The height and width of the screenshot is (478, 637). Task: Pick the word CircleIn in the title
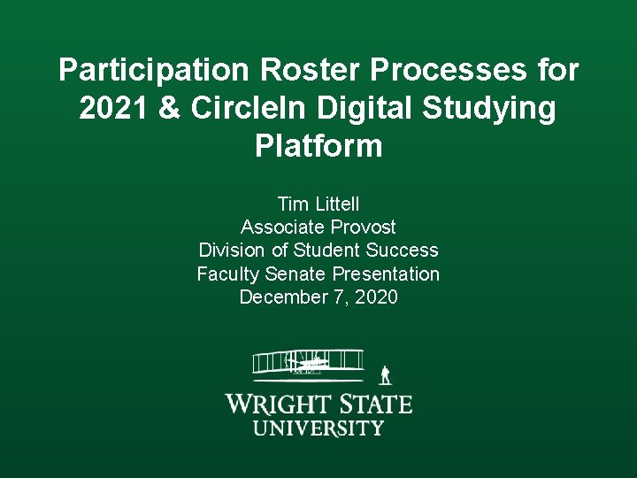click(x=247, y=108)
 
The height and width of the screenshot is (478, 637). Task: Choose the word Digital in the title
click(x=365, y=108)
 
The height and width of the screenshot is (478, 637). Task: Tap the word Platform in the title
click(x=318, y=146)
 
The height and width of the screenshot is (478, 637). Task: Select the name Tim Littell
click(x=318, y=204)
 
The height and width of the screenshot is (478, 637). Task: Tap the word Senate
click(x=300, y=274)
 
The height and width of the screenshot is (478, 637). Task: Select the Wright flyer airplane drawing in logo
click(x=308, y=363)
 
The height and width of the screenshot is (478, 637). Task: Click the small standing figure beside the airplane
click(x=385, y=374)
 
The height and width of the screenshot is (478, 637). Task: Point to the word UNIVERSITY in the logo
click(x=318, y=428)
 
